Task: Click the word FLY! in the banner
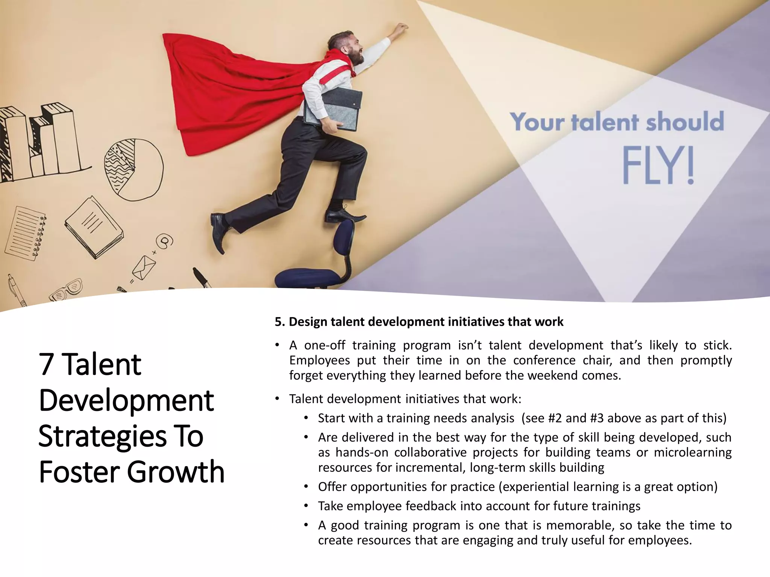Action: (x=658, y=166)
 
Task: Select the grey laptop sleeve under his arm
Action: (x=333, y=109)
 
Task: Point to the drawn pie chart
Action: (x=133, y=169)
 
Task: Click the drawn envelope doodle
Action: (x=144, y=267)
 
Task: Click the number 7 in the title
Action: (x=46, y=364)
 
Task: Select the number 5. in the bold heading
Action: (x=280, y=322)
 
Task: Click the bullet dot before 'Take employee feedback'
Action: (x=306, y=506)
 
